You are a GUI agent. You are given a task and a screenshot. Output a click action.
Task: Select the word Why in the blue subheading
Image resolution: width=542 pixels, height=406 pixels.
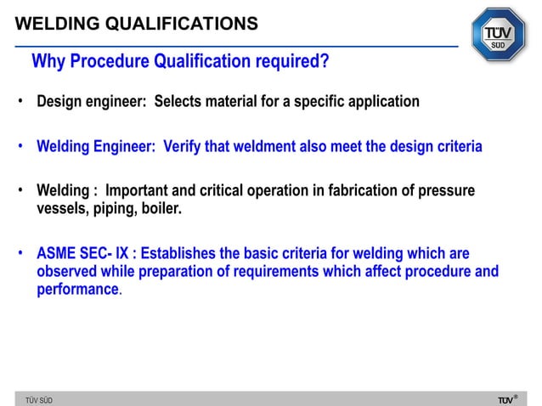click(48, 63)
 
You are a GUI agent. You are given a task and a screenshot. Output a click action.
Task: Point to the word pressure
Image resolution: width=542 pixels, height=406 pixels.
click(444, 191)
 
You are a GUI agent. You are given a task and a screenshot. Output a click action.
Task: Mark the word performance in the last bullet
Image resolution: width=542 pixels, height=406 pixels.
click(77, 289)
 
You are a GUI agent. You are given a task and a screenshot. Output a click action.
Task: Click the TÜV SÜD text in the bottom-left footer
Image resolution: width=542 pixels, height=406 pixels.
click(38, 399)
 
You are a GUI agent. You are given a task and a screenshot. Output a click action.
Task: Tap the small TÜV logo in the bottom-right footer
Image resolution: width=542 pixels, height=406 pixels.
click(505, 398)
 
